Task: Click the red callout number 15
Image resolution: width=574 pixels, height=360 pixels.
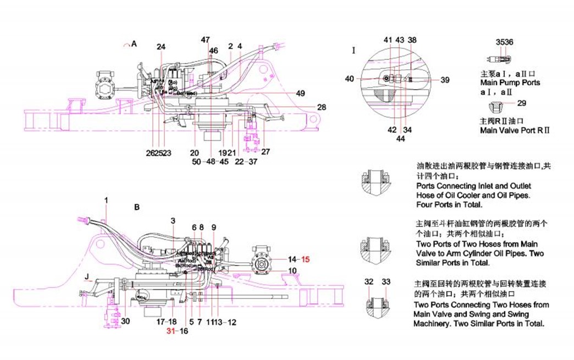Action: (x=306, y=259)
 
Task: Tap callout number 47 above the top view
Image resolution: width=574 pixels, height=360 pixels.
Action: (x=205, y=40)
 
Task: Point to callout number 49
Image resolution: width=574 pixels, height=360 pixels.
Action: (x=300, y=93)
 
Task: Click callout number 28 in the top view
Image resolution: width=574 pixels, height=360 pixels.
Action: (x=322, y=107)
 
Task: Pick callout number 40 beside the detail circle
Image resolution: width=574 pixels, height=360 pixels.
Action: (x=350, y=79)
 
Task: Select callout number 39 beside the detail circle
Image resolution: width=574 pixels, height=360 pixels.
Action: (x=445, y=80)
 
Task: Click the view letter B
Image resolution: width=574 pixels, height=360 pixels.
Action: (x=137, y=208)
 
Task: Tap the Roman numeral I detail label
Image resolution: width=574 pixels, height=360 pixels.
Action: (x=355, y=51)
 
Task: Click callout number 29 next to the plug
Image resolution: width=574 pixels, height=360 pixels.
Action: (x=522, y=103)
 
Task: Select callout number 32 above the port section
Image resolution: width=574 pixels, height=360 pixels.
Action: (x=369, y=281)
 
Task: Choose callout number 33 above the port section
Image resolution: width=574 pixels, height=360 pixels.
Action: (x=386, y=281)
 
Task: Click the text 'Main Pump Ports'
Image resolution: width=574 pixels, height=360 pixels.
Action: (x=510, y=83)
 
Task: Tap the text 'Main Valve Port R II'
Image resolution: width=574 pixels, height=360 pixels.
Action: (x=515, y=130)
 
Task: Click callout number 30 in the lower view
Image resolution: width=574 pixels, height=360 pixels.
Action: (x=126, y=322)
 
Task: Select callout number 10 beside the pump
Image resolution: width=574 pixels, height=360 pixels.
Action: (x=292, y=270)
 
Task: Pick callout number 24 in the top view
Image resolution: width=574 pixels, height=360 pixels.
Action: (x=161, y=47)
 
